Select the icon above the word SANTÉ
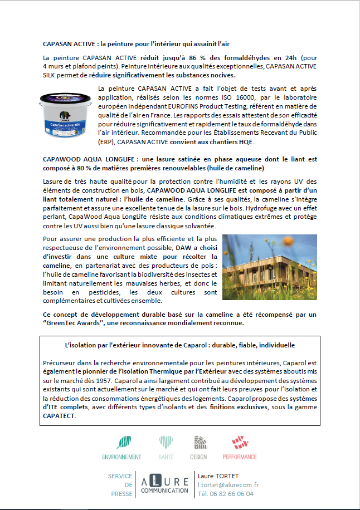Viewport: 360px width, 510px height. (x=166, y=443)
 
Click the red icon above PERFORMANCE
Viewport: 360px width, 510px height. (x=239, y=443)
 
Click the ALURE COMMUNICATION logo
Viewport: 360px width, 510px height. (x=164, y=484)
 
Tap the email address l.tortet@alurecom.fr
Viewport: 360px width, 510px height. (x=228, y=485)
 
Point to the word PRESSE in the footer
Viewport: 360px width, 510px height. (x=121, y=493)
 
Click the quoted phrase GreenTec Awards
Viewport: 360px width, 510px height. (x=71, y=323)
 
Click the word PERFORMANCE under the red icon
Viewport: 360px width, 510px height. (x=240, y=457)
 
